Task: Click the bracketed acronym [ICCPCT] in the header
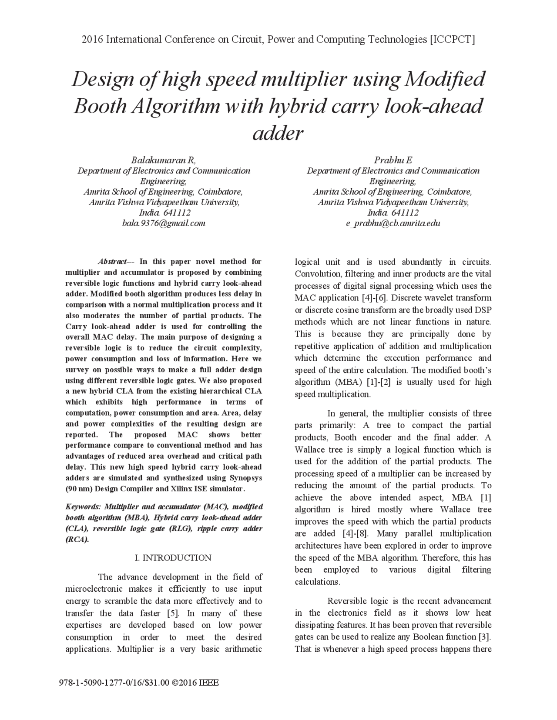point(452,40)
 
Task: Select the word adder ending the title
point(278,133)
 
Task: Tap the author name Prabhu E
point(393,160)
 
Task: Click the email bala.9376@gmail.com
point(164,223)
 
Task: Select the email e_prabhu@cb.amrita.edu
point(393,223)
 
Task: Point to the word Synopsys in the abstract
point(246,478)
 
